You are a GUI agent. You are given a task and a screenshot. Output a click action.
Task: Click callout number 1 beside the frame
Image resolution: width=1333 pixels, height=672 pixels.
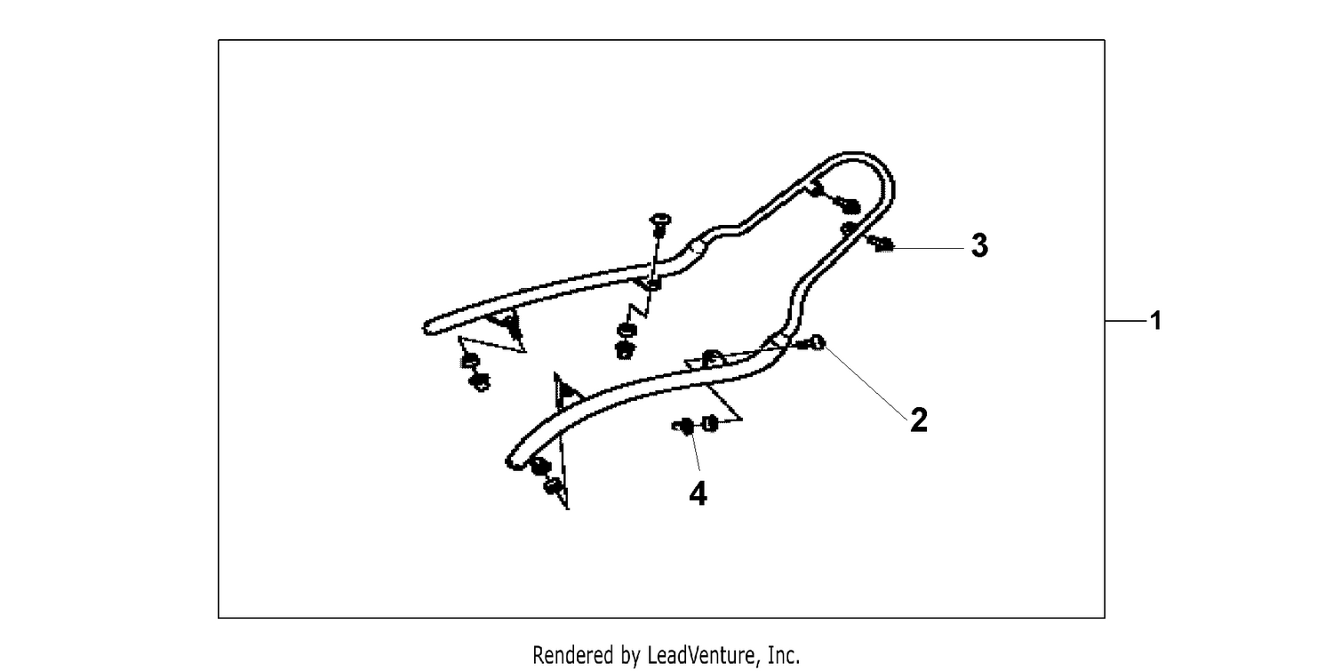tap(1155, 321)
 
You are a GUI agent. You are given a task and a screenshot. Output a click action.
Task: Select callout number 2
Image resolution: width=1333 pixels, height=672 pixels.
tap(919, 420)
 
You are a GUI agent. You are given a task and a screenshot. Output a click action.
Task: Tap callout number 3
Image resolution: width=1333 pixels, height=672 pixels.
tap(979, 245)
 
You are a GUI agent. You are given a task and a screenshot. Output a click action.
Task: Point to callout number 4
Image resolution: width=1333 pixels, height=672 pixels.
tap(698, 494)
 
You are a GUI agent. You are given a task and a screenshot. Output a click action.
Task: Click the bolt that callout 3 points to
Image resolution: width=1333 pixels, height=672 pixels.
tap(882, 244)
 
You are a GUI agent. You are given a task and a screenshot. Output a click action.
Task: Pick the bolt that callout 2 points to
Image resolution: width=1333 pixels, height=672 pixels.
tap(813, 343)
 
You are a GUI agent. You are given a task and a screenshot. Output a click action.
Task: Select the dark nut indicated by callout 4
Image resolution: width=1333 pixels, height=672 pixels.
tap(683, 426)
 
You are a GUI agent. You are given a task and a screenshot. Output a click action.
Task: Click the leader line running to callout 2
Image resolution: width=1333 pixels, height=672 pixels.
tap(866, 380)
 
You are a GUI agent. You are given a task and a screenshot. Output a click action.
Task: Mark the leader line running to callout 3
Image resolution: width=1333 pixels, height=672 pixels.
tap(930, 248)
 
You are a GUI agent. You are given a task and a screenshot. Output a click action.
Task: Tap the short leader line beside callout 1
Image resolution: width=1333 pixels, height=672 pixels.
tap(1126, 321)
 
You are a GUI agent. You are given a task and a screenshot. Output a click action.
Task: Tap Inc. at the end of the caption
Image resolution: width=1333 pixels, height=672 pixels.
tap(784, 655)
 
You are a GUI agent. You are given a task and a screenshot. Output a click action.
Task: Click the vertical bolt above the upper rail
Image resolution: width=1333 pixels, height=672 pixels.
tap(659, 225)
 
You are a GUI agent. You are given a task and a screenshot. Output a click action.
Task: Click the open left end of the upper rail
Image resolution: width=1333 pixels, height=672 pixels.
tap(427, 328)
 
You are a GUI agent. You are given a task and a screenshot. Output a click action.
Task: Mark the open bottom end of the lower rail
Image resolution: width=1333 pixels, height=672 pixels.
tap(512, 462)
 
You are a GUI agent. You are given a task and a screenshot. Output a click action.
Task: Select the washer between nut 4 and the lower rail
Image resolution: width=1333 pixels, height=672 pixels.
tap(709, 423)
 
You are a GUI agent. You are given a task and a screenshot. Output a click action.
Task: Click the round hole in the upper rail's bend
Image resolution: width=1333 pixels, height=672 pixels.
tap(696, 245)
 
